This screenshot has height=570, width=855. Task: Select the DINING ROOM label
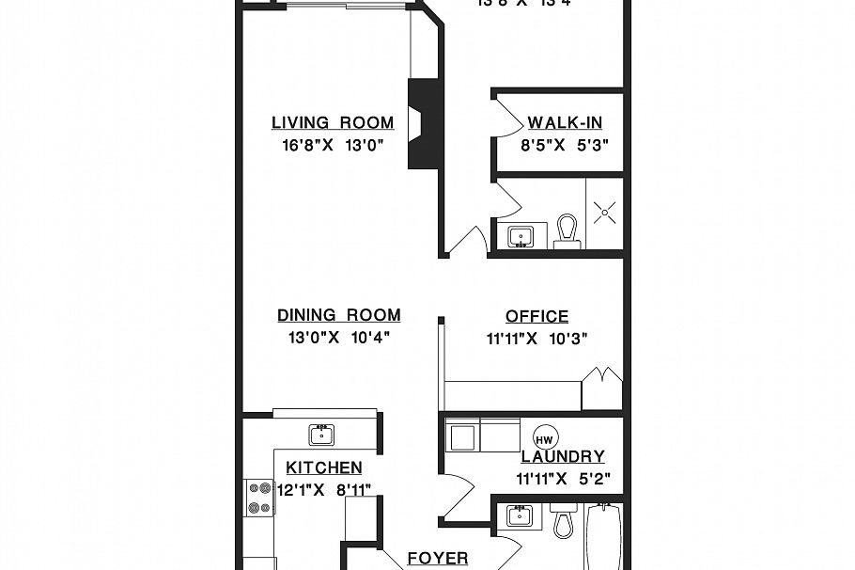click(x=338, y=316)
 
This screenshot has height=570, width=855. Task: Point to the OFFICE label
click(x=536, y=317)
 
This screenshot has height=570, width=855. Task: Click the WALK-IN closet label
click(x=565, y=122)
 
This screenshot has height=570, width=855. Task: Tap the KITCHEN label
click(x=324, y=467)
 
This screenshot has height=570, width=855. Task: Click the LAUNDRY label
click(x=563, y=457)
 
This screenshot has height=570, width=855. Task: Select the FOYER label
click(x=437, y=559)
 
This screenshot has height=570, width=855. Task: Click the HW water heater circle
click(x=544, y=438)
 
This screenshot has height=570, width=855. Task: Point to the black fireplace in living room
click(x=424, y=123)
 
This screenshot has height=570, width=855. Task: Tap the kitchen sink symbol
click(x=322, y=434)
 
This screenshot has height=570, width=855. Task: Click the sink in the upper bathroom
click(x=520, y=236)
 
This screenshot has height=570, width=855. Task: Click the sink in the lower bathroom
click(x=520, y=515)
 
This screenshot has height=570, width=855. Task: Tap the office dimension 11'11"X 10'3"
click(x=536, y=340)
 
